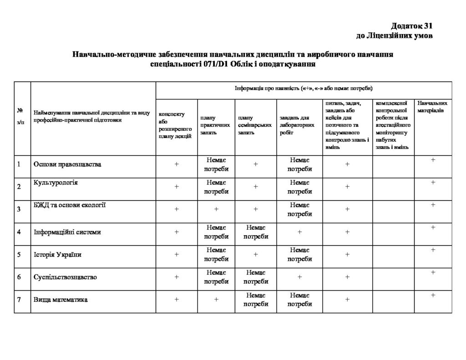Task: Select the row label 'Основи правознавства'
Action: tap(67, 164)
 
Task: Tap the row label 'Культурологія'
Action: tap(56, 183)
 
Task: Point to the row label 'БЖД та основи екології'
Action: tap(70, 205)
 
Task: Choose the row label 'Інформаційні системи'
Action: tap(67, 232)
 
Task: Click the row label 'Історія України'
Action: tap(57, 254)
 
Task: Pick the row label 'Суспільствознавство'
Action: tap(65, 277)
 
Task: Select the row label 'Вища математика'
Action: tap(61, 300)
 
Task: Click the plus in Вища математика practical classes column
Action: tap(217, 299)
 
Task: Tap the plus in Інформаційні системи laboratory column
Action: tap(299, 232)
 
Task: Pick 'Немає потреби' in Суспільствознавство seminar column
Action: tap(255, 277)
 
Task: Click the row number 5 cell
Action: tap(19, 254)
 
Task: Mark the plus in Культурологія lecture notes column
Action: tap(177, 187)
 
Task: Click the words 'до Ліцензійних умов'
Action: tap(394, 35)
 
